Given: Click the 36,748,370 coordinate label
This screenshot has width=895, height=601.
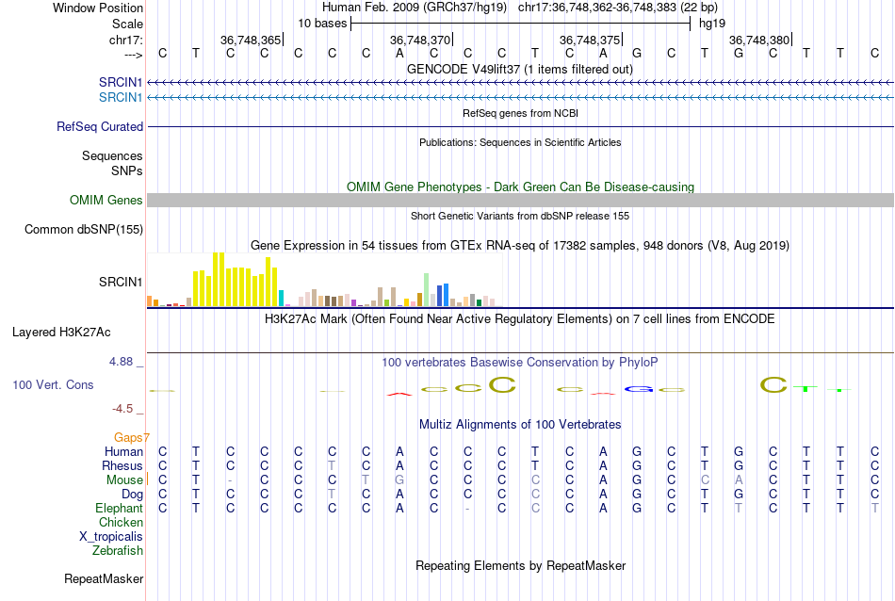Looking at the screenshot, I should [x=420, y=41].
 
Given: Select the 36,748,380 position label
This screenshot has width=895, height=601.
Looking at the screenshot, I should [x=759, y=41].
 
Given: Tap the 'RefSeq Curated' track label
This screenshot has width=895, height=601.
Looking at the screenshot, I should [x=100, y=126].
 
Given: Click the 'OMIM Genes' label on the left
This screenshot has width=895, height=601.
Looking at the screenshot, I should [x=106, y=200].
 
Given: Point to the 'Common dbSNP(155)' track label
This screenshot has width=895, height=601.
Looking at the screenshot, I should [x=84, y=229].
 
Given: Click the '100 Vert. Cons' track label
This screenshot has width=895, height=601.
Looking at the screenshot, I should [x=53, y=385].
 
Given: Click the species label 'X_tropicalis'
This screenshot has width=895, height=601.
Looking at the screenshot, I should [x=111, y=536].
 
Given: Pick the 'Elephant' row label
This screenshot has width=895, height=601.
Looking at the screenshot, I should [x=119, y=508].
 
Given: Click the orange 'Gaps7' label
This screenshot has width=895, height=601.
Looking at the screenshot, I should [x=132, y=437].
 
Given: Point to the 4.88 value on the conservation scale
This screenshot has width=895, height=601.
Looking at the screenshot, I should [x=124, y=361].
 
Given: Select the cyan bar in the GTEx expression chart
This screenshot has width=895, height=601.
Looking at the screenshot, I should [x=282, y=298].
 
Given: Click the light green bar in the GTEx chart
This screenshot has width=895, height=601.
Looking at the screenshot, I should [x=426, y=288].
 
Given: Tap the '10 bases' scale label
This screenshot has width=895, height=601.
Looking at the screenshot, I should [x=322, y=23].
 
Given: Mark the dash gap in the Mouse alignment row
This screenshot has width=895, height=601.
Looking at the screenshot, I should [x=231, y=480].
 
